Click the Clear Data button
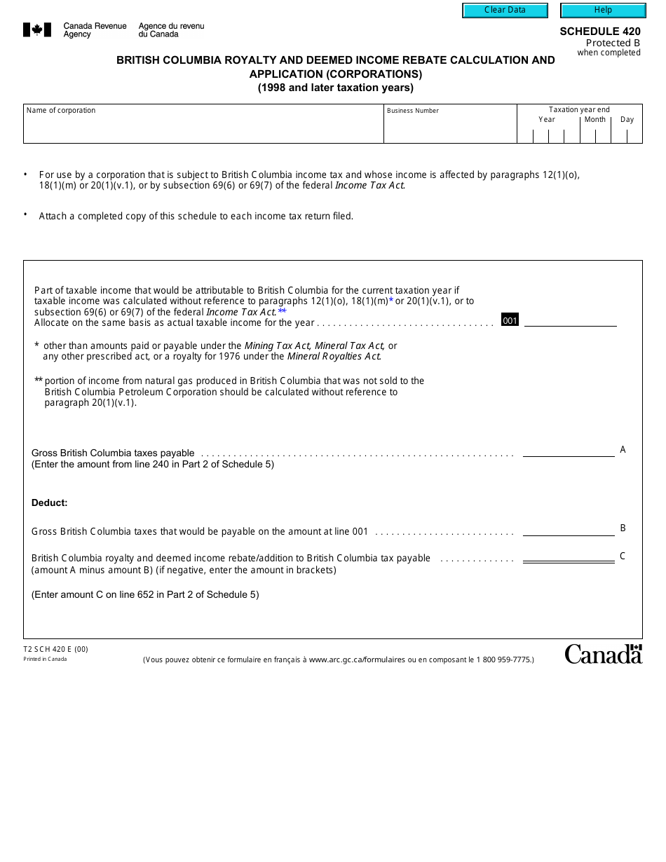point(505,11)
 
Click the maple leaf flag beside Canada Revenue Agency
point(37,29)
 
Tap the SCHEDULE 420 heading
point(599,32)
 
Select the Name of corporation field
point(203,128)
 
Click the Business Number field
point(450,128)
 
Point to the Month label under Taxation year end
point(594,119)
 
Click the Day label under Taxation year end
point(627,119)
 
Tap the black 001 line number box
point(510,320)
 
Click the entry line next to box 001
point(570,320)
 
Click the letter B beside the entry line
point(623,528)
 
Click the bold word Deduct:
point(49,502)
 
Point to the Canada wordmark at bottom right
point(603,654)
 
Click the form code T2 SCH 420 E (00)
point(55,649)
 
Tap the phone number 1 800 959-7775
point(503,659)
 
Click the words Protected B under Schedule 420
point(613,43)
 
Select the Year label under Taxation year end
point(546,119)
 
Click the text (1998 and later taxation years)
point(335,88)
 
